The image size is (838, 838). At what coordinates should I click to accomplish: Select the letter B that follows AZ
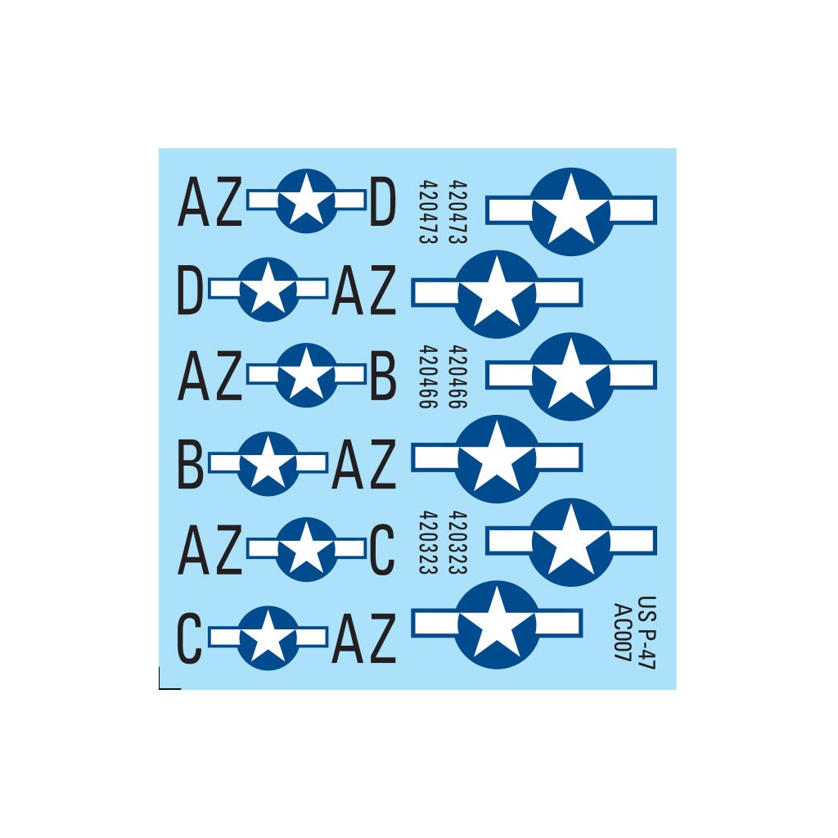[x=383, y=376]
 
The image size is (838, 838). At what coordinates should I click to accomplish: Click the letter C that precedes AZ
[x=189, y=638]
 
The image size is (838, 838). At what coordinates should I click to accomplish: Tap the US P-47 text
[x=647, y=633]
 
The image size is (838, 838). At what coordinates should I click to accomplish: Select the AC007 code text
[x=623, y=633]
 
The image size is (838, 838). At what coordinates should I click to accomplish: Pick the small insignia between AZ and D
[x=306, y=201]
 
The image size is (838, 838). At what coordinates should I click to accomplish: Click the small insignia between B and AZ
[x=268, y=463]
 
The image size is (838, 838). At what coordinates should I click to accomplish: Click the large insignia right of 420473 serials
[x=570, y=211]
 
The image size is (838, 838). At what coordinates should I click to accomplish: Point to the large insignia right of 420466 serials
[x=570, y=376]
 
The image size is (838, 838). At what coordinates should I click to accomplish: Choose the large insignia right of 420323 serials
[x=570, y=542]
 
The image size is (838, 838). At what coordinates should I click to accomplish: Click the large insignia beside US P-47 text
[x=497, y=624]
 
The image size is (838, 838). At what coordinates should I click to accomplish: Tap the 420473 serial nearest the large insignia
[x=457, y=212]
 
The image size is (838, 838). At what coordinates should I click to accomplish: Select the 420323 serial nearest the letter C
[x=428, y=543]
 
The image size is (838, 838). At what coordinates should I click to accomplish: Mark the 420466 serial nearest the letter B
[x=428, y=376]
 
